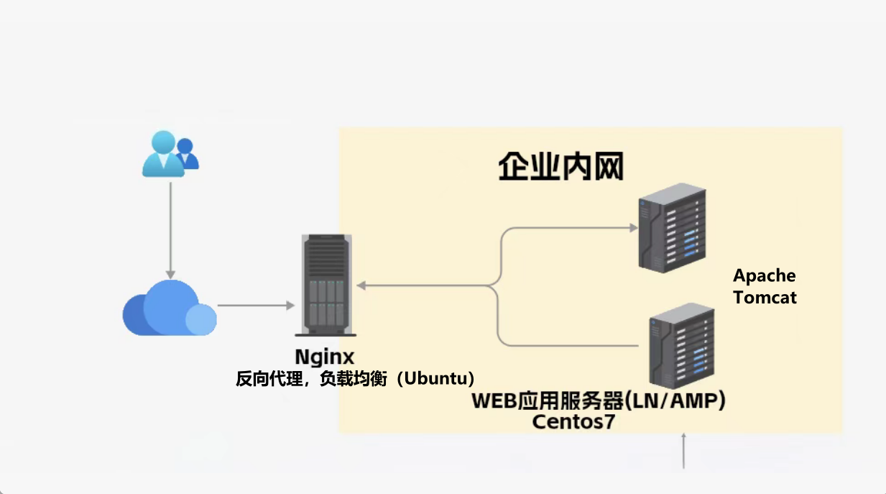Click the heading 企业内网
560,166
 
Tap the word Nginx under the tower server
325,357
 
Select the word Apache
764,275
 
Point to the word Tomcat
765,297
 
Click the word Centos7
573,422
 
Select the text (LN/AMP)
675,401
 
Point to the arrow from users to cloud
170,230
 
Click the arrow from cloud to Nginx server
255,306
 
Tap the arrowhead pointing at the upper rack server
634,228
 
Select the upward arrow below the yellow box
683,450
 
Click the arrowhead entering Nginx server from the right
361,286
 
